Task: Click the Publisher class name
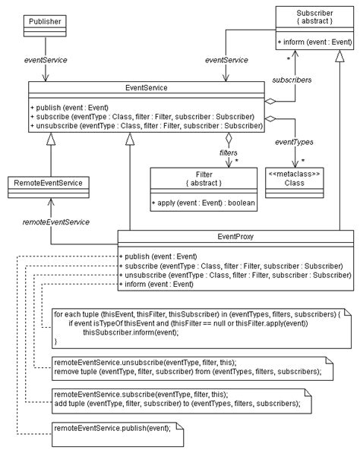coord(45,21)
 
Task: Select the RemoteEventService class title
coord(49,183)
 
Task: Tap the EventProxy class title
coord(235,237)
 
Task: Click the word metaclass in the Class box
coord(294,174)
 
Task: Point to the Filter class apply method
coord(203,203)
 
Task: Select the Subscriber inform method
coord(314,42)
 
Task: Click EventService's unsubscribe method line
coord(147,126)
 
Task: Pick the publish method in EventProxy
coord(158,256)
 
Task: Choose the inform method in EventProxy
coord(156,284)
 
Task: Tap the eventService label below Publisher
coord(46,60)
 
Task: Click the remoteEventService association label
coord(56,222)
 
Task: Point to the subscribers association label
coord(292,80)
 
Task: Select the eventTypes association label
coord(294,142)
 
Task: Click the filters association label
coord(228,153)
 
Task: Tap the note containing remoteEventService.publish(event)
coord(118,435)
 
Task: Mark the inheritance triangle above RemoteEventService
coord(51,139)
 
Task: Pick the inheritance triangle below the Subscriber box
coord(339,56)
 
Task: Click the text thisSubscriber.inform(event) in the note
coord(131,332)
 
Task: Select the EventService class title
coord(147,88)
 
